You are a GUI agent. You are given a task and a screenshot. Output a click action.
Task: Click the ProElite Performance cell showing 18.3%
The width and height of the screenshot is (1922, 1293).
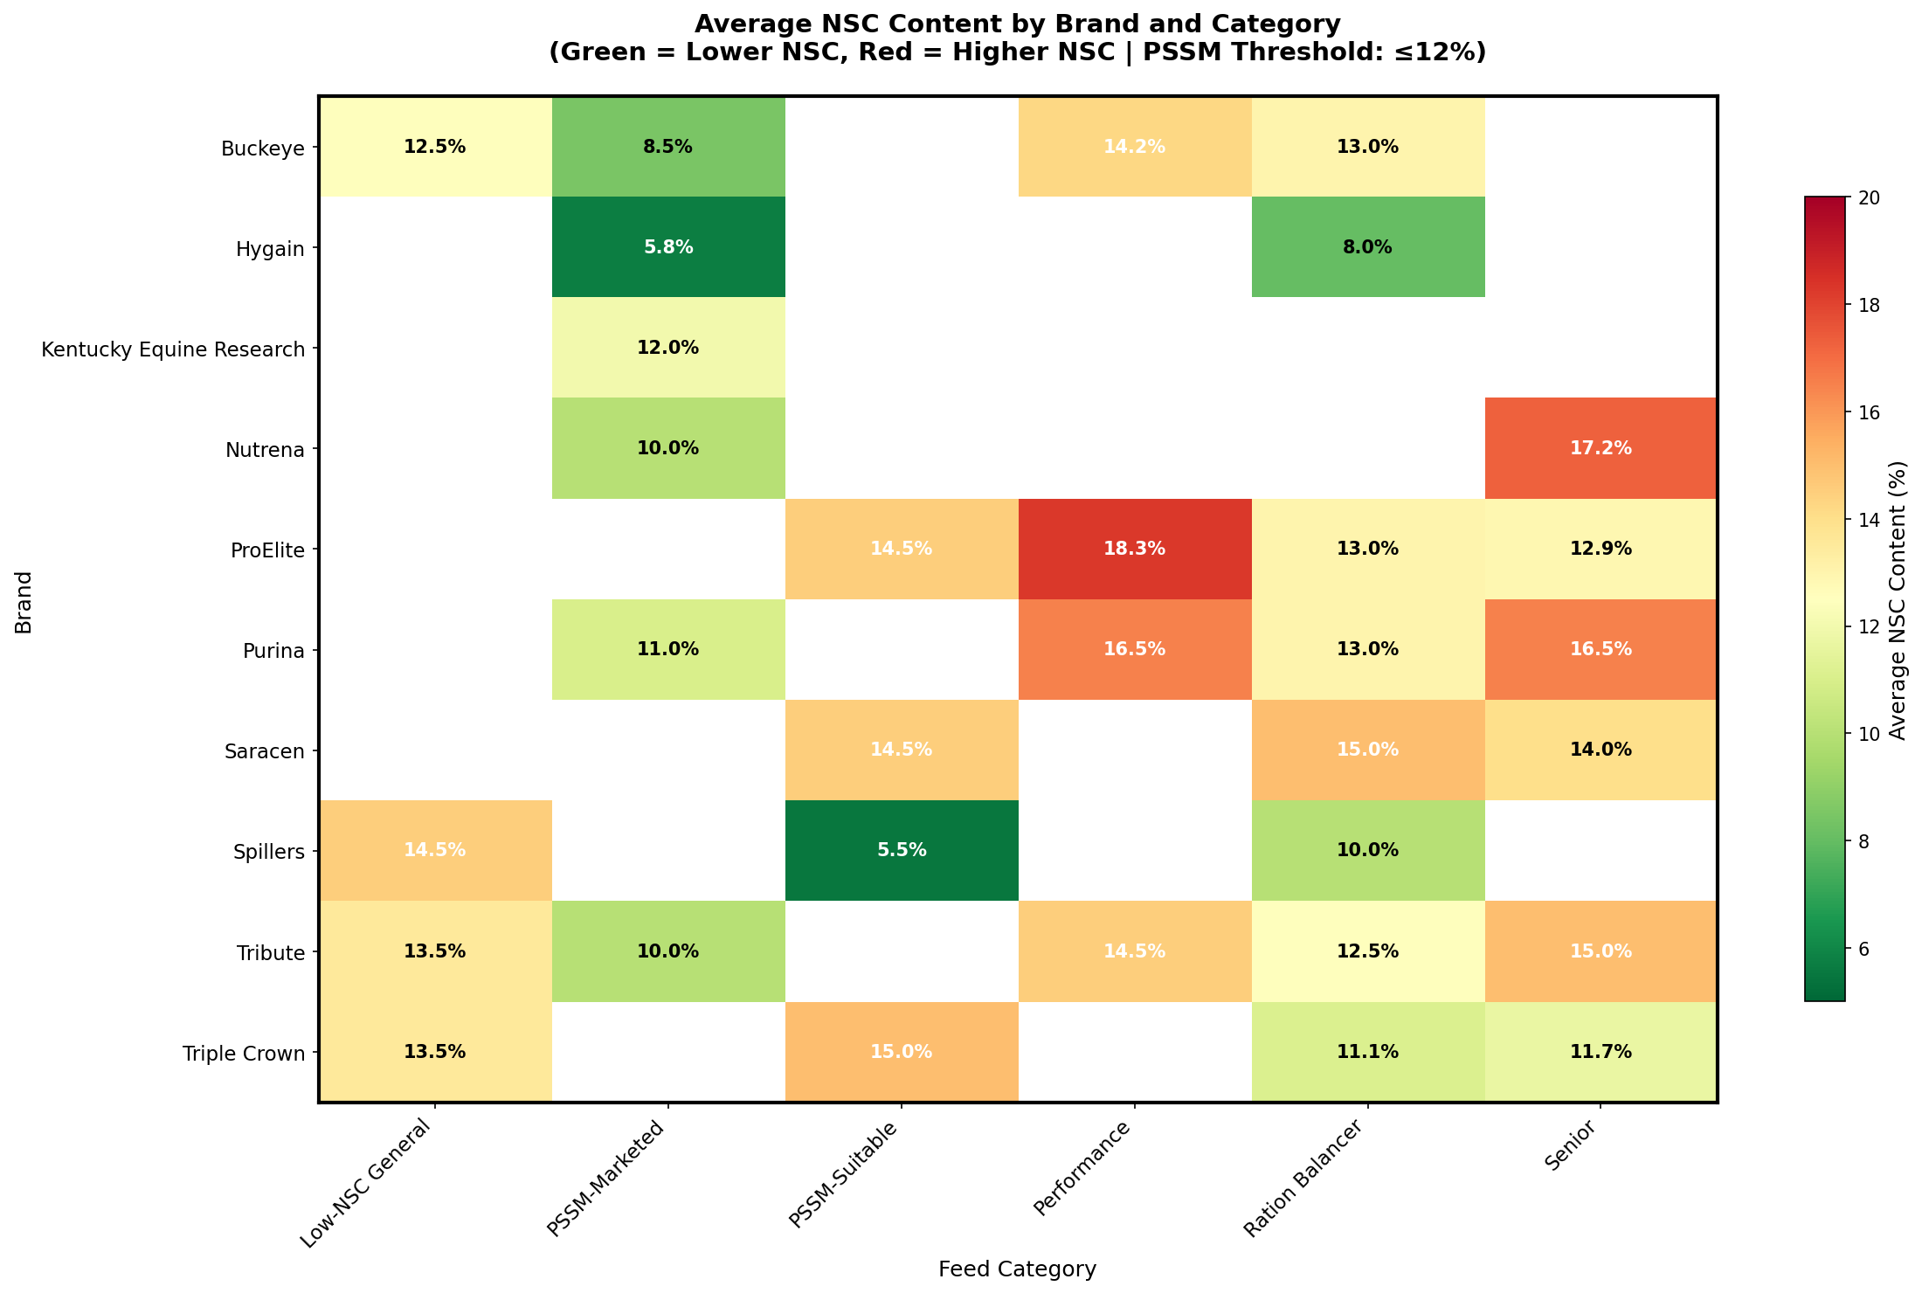(1134, 549)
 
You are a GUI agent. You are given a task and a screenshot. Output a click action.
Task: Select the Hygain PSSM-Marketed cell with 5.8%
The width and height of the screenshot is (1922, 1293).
(668, 247)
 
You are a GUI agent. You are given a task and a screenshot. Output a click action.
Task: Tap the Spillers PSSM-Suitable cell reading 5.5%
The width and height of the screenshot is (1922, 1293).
(902, 850)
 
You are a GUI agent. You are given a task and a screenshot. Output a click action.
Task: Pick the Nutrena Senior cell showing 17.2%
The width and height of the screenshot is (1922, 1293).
(1601, 448)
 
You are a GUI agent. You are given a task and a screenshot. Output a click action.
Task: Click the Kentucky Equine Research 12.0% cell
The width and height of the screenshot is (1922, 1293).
(668, 348)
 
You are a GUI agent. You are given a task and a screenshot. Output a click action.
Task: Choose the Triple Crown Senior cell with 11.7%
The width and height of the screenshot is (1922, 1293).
(1601, 1052)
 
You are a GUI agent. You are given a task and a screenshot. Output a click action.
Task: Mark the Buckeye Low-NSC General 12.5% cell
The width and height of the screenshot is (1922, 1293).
(435, 147)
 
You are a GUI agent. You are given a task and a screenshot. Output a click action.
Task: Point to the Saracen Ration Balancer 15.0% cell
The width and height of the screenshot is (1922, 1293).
(1367, 750)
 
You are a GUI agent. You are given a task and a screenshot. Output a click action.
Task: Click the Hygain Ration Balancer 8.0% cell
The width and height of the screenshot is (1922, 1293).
(1367, 247)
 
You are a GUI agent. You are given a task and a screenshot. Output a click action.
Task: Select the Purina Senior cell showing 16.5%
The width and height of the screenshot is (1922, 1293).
(1601, 649)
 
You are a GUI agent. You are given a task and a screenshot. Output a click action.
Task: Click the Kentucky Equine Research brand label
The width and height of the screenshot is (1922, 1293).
(173, 349)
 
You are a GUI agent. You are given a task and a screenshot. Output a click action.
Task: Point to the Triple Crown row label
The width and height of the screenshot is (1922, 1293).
(244, 1054)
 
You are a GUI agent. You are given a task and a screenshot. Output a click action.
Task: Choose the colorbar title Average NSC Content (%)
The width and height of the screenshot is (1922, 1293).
(1898, 599)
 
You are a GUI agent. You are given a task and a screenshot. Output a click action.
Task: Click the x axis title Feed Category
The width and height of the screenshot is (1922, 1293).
(1017, 1269)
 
